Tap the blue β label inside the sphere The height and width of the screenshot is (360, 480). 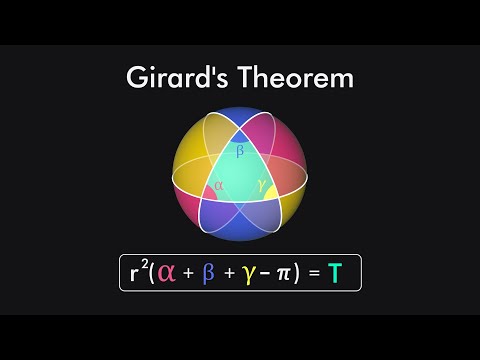239,152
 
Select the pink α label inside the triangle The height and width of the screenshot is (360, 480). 219,185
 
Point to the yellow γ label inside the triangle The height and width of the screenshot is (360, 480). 261,185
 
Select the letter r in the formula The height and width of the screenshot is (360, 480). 135,272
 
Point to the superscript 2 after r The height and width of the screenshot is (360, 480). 146,264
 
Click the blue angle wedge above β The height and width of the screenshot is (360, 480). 239,137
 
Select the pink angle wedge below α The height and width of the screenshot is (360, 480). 213,196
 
